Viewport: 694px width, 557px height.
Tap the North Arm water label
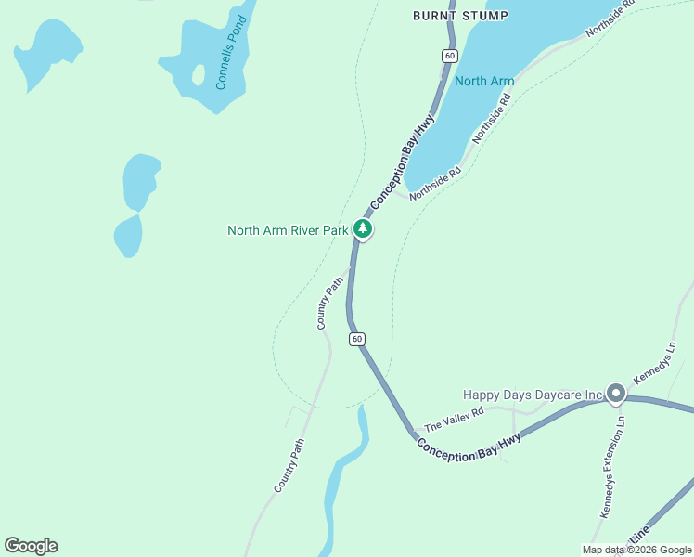(484, 81)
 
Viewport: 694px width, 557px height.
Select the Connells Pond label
(233, 54)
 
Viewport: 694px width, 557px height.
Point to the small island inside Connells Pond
(198, 74)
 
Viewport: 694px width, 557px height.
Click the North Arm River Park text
(288, 230)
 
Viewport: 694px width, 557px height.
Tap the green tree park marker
(363, 228)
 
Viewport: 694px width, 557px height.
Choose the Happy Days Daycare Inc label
(533, 395)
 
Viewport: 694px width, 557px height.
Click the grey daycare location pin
(615, 394)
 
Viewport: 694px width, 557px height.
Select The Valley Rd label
(455, 420)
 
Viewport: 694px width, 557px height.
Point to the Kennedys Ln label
(656, 364)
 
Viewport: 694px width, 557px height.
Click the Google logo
(31, 546)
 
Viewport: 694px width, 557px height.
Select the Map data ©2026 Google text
(636, 550)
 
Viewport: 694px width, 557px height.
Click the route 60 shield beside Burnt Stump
(450, 56)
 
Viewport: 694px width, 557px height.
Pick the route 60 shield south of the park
(357, 339)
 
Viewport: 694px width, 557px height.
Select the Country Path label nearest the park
(330, 302)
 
